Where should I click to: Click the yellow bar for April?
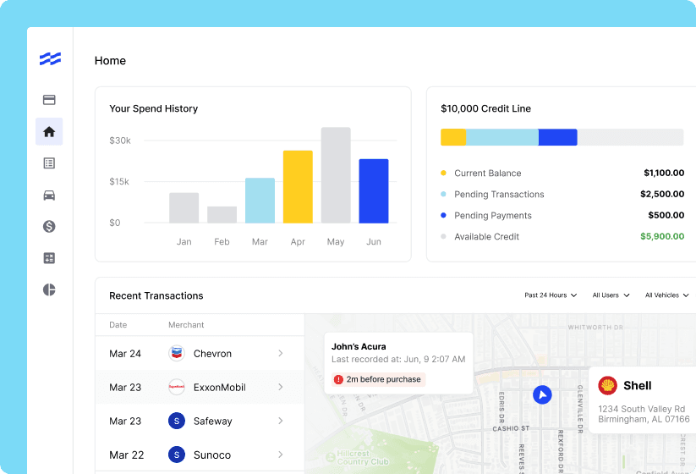298,187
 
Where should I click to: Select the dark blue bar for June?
373,191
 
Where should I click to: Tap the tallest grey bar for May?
336,175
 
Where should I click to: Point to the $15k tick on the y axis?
120,182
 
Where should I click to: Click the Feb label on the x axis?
222,242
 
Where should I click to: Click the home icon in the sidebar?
49,132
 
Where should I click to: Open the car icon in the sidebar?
49,195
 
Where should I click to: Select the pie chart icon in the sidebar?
49,290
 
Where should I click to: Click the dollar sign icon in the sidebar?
49,227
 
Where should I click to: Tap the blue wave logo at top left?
50,58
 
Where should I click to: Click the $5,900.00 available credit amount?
661,237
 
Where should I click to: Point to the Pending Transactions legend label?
499,195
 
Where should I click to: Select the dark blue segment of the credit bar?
557,137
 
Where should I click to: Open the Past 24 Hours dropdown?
551,295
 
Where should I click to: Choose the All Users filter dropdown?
611,295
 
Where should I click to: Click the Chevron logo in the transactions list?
177,354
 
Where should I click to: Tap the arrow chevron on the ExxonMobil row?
281,387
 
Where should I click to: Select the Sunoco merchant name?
212,455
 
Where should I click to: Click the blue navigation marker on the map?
542,394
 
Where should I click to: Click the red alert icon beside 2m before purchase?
339,380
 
